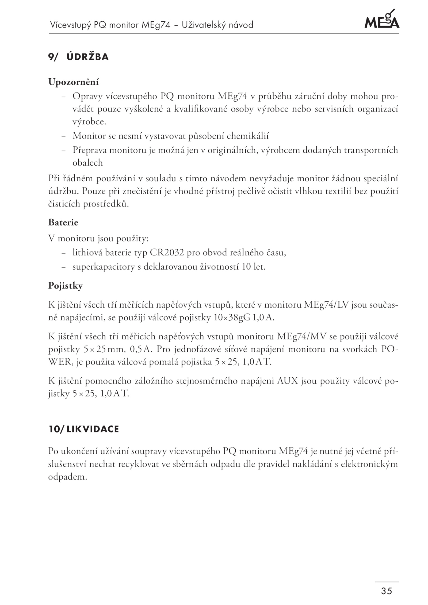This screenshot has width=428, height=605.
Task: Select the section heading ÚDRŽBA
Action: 88,57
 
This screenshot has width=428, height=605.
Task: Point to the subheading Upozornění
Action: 74,82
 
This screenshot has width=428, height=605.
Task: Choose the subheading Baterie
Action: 63,222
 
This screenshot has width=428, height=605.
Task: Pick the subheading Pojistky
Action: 66,286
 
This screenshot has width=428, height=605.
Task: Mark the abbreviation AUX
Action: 287,381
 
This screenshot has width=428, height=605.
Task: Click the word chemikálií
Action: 248,136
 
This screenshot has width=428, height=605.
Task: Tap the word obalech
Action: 87,163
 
